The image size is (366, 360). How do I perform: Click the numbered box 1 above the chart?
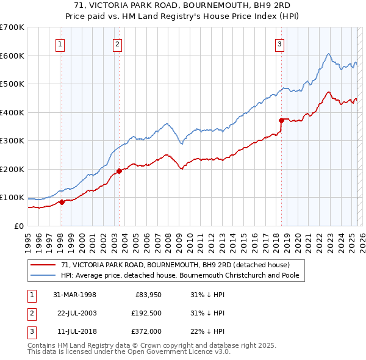(x=61, y=43)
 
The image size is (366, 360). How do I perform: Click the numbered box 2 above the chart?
(x=117, y=43)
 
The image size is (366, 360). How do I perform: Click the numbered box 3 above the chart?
(x=279, y=43)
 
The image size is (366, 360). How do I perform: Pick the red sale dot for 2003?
(x=119, y=171)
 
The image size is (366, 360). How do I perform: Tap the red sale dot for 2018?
(x=281, y=120)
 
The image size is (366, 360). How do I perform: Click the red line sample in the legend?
(x=43, y=265)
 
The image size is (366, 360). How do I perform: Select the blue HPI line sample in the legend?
(x=43, y=275)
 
